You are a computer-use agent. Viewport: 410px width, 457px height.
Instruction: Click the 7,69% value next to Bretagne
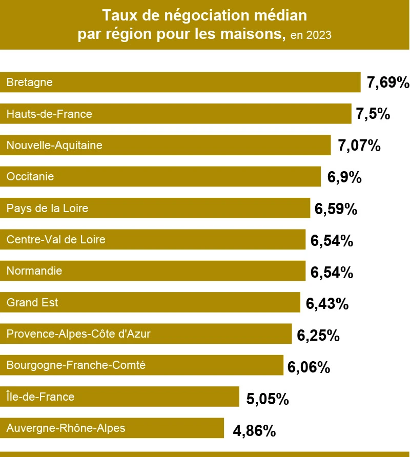coord(388,82)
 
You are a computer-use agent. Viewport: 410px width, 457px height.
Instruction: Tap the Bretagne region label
coord(30,82)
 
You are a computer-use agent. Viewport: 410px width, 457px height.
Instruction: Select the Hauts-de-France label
coord(49,114)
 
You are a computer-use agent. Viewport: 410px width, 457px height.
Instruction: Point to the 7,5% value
coord(373,114)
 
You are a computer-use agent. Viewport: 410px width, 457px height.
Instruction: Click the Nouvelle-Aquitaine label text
coord(54,146)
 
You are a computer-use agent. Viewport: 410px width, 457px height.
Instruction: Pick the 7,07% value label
coord(359,146)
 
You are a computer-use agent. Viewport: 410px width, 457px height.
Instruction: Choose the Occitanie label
coord(37,177)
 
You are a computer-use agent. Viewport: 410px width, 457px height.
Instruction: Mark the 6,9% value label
coord(345,178)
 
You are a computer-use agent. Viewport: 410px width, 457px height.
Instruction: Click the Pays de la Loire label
coord(47,209)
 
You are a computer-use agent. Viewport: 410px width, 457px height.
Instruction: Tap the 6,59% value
coord(336,209)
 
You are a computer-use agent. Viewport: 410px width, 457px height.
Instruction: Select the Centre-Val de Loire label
coord(56,240)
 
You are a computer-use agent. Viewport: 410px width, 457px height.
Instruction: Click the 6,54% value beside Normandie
coord(332,272)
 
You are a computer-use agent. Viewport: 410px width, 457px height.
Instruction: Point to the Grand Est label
coord(32,303)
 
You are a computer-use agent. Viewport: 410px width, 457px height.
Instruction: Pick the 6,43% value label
coord(327,304)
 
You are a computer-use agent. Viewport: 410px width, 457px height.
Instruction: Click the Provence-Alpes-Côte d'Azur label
coord(78,335)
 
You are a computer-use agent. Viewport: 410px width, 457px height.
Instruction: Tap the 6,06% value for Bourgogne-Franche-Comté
coord(309,367)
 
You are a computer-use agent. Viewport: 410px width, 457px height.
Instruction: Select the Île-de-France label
coord(40,397)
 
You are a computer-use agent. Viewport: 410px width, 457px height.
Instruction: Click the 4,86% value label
coord(254,430)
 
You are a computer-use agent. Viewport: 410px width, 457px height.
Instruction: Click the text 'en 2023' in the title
coord(311,36)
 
